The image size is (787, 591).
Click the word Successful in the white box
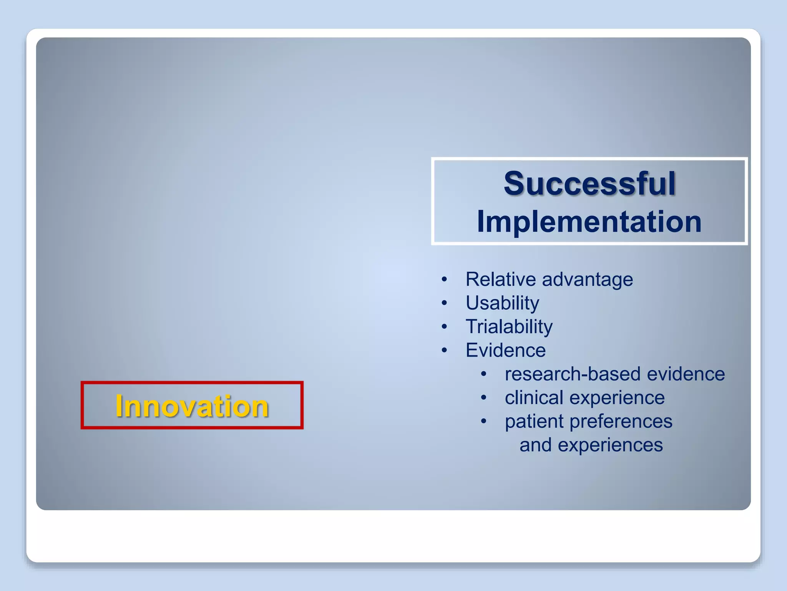coord(589,184)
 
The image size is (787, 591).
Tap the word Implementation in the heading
coord(589,222)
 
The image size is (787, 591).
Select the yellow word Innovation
coord(192,406)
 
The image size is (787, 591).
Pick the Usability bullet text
coord(502,303)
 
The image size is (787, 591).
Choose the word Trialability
coord(509,327)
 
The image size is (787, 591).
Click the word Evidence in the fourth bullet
coord(505,350)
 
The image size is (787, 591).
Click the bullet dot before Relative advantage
coord(444,280)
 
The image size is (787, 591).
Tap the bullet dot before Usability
coord(444,303)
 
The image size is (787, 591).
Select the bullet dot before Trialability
coord(444,327)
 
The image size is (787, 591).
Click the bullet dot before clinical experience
coord(484,398)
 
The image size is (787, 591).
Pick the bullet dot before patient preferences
coord(484,421)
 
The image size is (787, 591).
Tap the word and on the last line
coord(536,445)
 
